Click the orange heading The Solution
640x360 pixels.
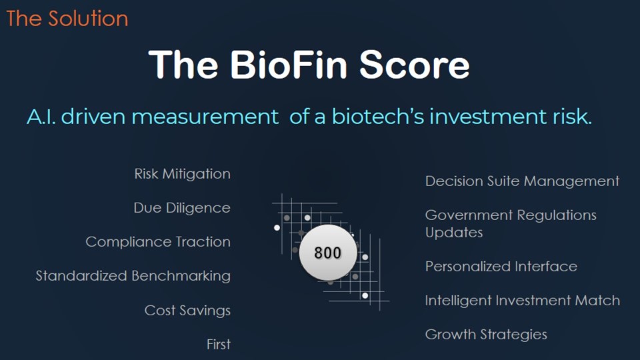click(67, 19)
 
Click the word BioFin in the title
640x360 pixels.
click(289, 65)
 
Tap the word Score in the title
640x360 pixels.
click(414, 65)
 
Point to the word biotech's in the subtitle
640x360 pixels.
click(378, 116)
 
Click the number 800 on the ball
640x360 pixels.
click(327, 253)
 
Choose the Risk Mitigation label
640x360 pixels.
click(183, 174)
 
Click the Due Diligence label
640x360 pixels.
click(182, 208)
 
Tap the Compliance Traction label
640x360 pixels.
click(158, 242)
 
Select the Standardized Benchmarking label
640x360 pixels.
click(133, 276)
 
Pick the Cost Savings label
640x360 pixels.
click(187, 311)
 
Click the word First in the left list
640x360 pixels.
click(219, 345)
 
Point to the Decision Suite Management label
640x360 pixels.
click(522, 181)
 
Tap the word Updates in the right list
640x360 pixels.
click(454, 233)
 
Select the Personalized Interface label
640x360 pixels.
click(501, 267)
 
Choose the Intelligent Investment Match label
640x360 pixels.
click(523, 301)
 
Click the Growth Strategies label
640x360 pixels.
click(486, 335)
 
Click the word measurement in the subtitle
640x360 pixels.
click(205, 117)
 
